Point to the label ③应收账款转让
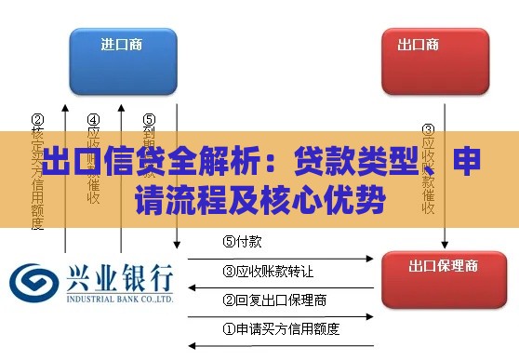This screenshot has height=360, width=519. [268, 272]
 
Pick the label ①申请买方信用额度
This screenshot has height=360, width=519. [281, 328]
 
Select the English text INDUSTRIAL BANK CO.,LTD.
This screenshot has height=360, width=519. [118, 300]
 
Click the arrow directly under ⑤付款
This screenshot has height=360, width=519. [280, 258]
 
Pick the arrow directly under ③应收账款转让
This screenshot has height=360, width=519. [280, 287]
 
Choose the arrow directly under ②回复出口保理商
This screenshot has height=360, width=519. [280, 314]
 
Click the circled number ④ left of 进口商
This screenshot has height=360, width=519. [94, 120]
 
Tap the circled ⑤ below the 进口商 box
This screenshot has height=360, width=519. [149, 120]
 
